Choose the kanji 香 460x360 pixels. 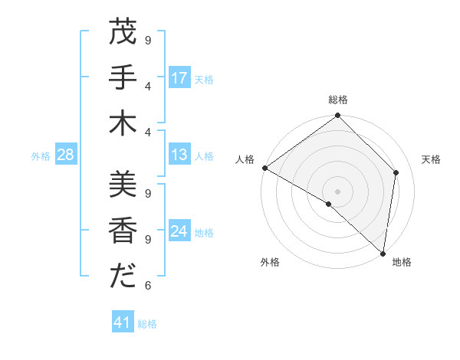tap(122, 230)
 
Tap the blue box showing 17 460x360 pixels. tap(179, 78)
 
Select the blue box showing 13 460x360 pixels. tap(179, 155)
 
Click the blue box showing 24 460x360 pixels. tap(179, 231)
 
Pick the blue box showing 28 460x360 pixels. tap(65, 155)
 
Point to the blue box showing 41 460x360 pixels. tap(123, 322)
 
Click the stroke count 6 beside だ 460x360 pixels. tap(148, 286)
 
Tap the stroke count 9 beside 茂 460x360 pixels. tap(148, 39)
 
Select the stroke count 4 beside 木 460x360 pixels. tap(148, 132)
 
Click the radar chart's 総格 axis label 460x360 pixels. tap(338, 100)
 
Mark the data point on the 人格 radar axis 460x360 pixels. tap(264, 168)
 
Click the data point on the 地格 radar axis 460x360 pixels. tap(383, 253)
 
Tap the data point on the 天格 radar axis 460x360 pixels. tap(396, 172)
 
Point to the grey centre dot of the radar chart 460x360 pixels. tap(337, 191)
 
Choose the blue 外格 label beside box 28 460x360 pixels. tap(41, 155)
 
